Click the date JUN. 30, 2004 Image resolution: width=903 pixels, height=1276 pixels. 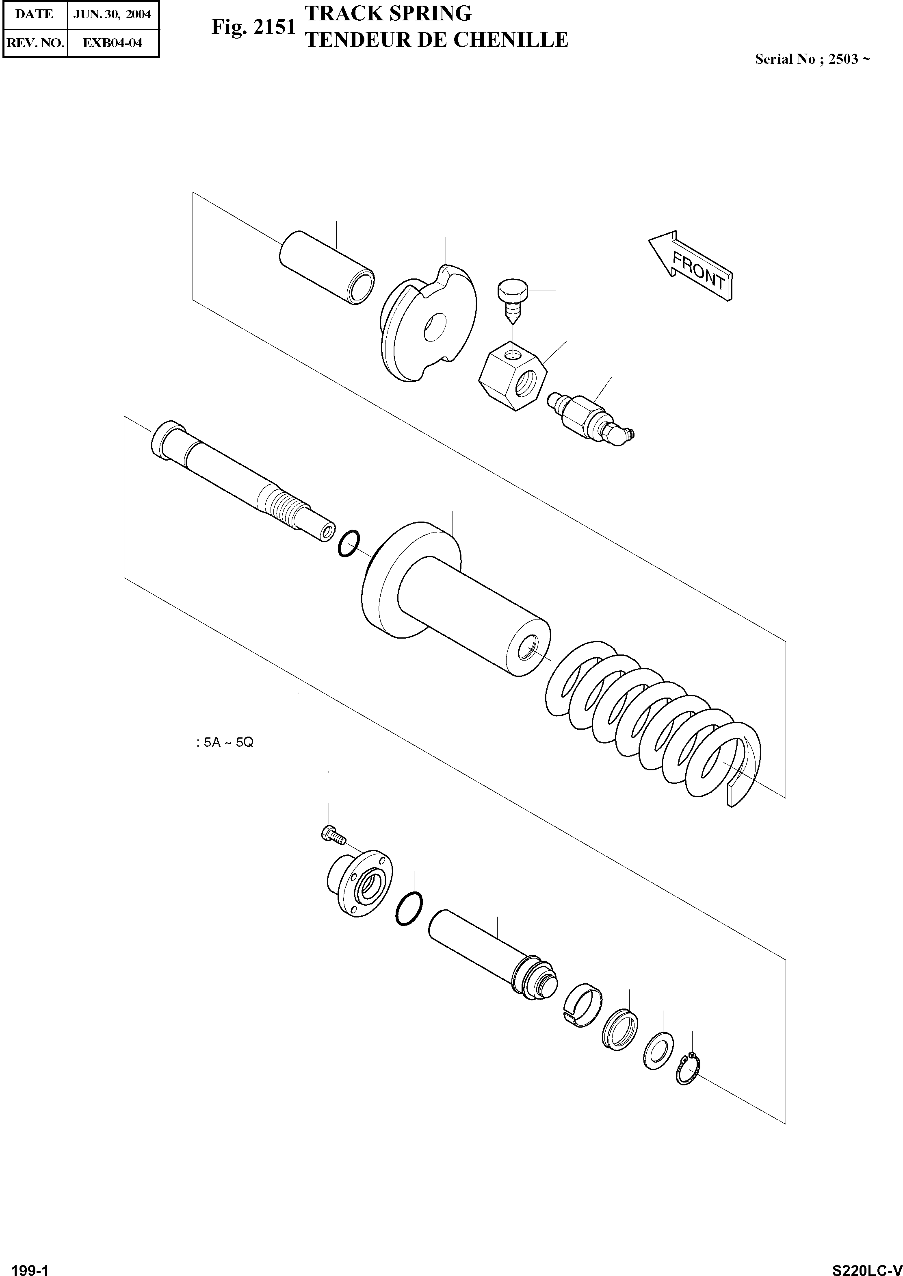(113, 14)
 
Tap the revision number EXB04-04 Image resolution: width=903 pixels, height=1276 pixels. (113, 43)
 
